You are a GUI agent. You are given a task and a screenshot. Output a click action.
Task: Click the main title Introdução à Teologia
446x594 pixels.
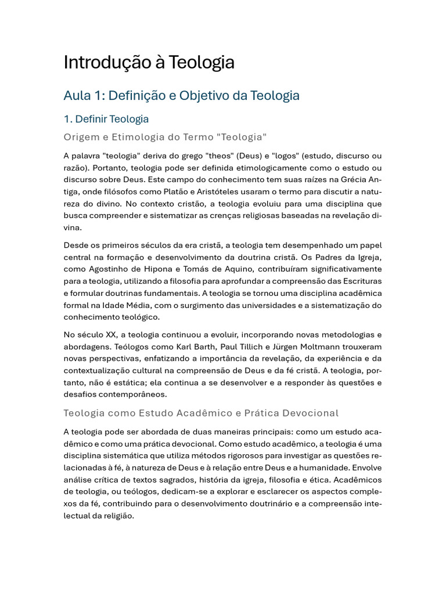click(149, 62)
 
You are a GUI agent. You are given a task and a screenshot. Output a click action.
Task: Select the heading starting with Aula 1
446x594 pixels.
click(181, 95)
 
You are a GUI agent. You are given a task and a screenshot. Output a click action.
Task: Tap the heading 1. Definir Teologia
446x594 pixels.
click(106, 119)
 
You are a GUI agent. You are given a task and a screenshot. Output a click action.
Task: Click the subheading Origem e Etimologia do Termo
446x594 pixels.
click(165, 137)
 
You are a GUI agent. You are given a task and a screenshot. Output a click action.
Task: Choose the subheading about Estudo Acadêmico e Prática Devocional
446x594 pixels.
click(201, 413)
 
